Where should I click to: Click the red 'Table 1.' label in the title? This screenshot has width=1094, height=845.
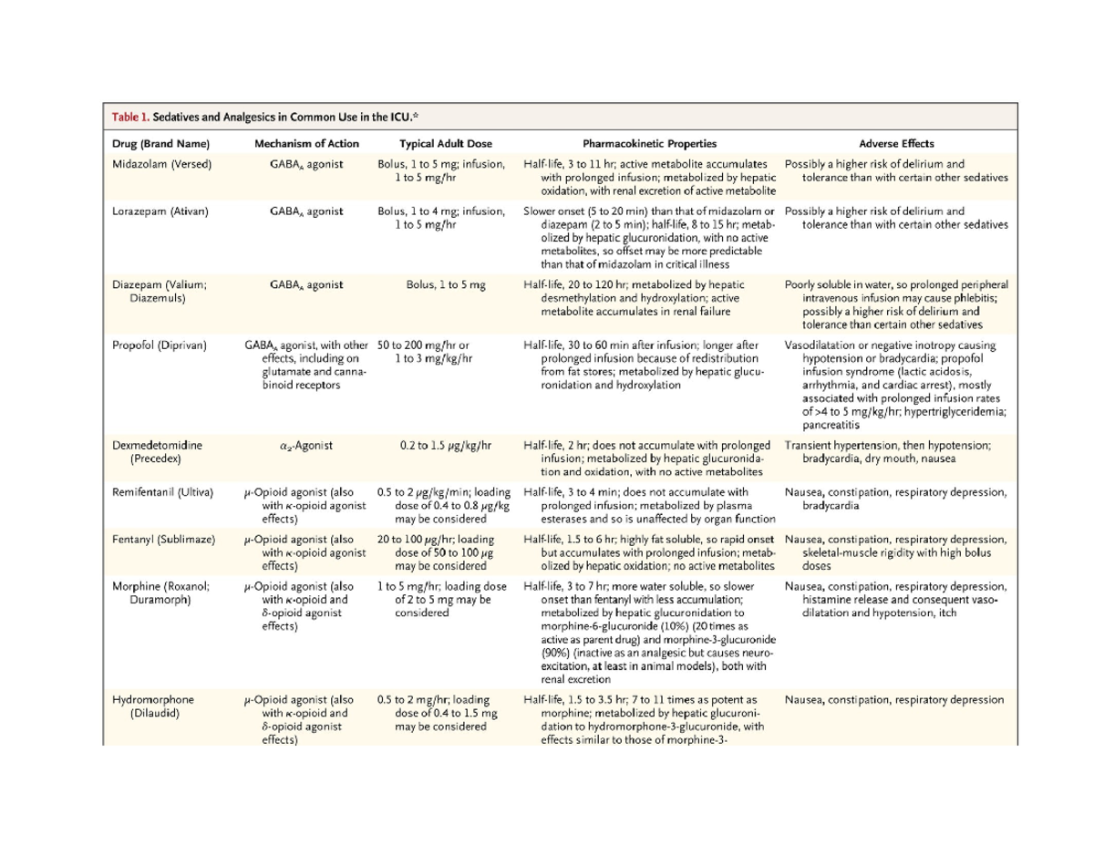point(130,117)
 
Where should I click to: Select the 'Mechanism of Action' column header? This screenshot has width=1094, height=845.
point(306,143)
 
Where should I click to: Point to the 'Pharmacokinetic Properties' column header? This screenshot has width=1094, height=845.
point(649,143)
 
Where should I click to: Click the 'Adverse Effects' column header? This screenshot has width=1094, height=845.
point(896,143)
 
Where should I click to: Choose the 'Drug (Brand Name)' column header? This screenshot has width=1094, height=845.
point(161,143)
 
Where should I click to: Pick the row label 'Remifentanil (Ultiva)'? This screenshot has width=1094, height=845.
point(162,492)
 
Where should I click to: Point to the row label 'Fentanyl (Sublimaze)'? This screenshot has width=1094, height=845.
point(163,540)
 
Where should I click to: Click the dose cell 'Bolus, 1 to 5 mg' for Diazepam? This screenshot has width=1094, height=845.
point(446,284)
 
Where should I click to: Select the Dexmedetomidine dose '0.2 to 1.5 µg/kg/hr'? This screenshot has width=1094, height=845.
point(446,446)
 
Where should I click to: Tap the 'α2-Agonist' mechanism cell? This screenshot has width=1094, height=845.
point(306,446)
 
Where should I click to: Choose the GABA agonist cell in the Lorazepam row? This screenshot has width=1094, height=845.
point(306,211)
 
